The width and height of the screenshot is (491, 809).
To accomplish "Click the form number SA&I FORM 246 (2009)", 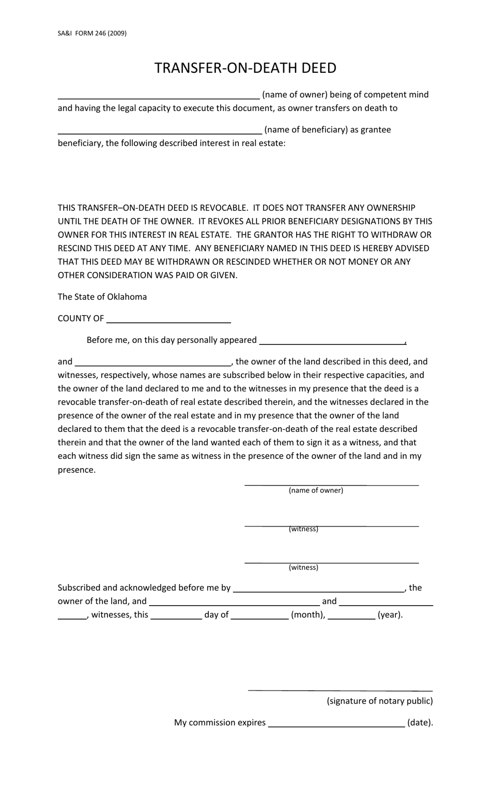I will point(92,33).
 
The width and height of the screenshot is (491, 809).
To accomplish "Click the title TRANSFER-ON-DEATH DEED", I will point(245,68).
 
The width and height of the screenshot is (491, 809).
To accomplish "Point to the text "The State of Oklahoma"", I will point(102,297).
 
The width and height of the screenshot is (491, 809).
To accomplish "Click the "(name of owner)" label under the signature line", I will point(316,490).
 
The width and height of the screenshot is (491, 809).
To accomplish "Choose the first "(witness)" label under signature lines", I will point(303,529).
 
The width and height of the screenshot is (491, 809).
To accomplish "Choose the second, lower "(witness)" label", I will point(303,567).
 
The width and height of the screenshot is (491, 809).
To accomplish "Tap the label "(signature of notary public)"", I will point(380,701).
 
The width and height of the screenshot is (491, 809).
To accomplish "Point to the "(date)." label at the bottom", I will point(420,723).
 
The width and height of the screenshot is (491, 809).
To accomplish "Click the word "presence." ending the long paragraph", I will point(76,470).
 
